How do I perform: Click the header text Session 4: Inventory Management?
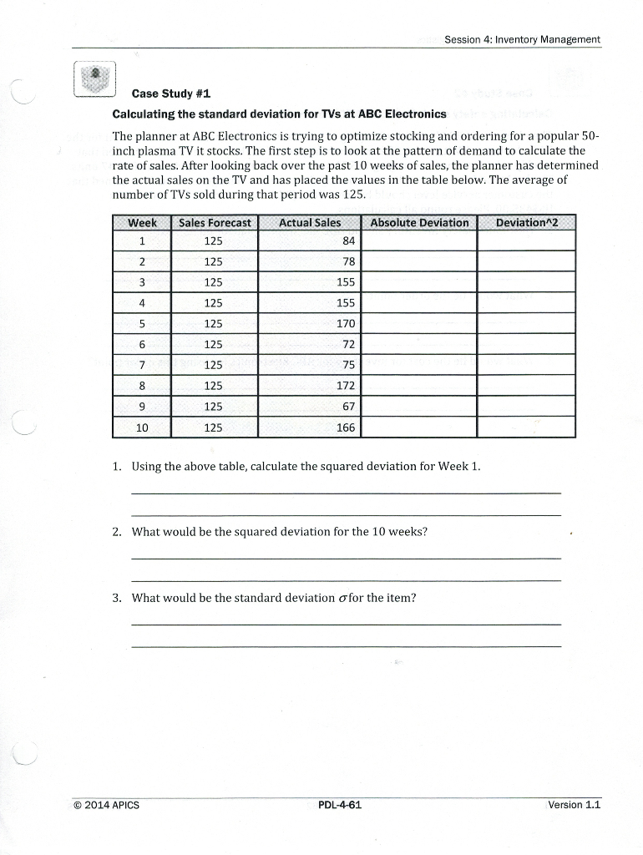click(x=522, y=39)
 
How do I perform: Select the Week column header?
click(x=142, y=222)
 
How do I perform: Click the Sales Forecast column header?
click(x=215, y=222)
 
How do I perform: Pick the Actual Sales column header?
click(x=309, y=222)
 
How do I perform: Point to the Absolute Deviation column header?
click(x=419, y=222)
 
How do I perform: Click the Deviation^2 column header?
click(x=526, y=222)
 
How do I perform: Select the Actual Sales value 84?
click(x=348, y=241)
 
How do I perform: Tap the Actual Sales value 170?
click(x=345, y=323)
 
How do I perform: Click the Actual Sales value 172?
click(x=345, y=386)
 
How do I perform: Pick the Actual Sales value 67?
click(x=348, y=407)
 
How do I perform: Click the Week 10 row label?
click(x=142, y=427)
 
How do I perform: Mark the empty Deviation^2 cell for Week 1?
click(x=526, y=241)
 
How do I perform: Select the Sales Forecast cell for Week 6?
click(x=214, y=344)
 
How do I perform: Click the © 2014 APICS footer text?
click(x=107, y=805)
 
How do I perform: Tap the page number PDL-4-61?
click(x=340, y=805)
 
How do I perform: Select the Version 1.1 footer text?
click(x=574, y=805)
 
